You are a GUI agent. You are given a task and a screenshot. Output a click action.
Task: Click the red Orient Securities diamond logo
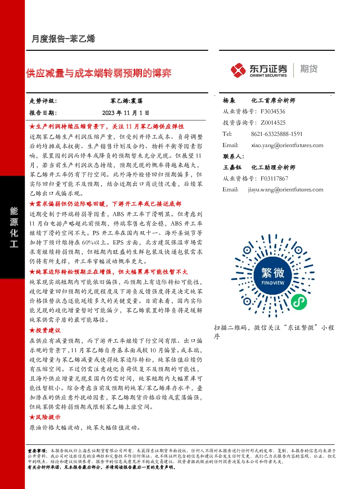pos(238,70)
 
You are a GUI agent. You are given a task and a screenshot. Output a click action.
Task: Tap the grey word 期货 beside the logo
pos(309,69)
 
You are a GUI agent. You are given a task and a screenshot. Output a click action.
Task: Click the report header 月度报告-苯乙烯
pos(63,38)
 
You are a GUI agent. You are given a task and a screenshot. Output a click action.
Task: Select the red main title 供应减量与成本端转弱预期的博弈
pos(99,73)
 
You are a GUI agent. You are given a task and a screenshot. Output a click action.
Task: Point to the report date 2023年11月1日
pos(126,113)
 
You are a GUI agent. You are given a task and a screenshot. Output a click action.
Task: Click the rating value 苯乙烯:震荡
pos(126,101)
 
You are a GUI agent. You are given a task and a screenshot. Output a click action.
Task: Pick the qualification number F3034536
pos(273,111)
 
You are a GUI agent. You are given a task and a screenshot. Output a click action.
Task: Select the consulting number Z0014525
pos(273,123)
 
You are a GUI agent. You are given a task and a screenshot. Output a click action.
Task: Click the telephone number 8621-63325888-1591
pos(277,134)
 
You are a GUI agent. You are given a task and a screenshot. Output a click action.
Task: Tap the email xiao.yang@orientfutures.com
pos(287,145)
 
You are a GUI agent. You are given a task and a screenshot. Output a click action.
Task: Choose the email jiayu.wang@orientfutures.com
pos(286,190)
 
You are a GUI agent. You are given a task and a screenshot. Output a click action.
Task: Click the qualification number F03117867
pos(274,179)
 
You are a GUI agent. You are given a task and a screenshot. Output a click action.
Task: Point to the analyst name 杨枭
pos(229,101)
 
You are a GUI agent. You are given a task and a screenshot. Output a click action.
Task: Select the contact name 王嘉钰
pos(232,167)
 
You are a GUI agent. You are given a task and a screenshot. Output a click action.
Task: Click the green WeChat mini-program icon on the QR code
pos(299,302)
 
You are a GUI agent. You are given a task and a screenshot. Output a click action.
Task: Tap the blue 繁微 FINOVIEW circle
pos(273,276)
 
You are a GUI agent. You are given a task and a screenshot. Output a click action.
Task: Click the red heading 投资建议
pos(45,330)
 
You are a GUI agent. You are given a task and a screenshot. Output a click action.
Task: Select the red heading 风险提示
pos(45,417)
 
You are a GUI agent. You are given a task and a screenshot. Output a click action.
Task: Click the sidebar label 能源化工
pos(14,227)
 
